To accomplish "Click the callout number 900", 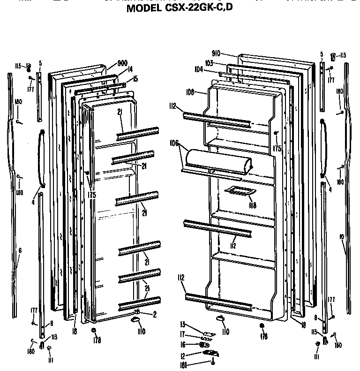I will pyautogui.click(x=123, y=63).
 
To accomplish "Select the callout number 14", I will pyautogui.click(x=130, y=69).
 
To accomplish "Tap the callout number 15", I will pyautogui.click(x=135, y=78).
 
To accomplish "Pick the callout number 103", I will pyautogui.click(x=209, y=63).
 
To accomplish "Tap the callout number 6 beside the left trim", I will pyautogui.click(x=20, y=251).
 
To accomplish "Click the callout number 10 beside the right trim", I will pyautogui.click(x=342, y=237).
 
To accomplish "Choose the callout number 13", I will pyautogui.click(x=183, y=325).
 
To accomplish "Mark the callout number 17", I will pyautogui.click(x=183, y=335).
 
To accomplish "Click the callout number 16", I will pyautogui.click(x=183, y=345).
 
